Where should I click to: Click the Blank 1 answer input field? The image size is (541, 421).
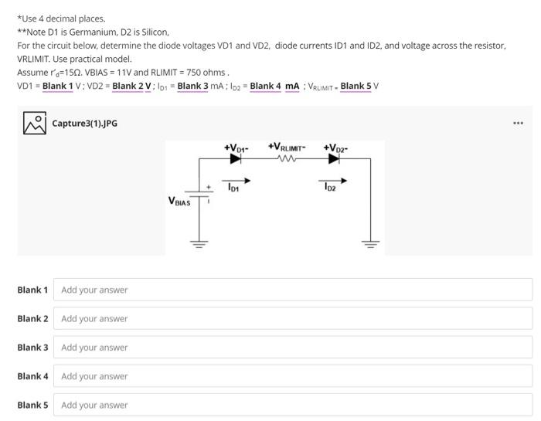pyautogui.click(x=294, y=290)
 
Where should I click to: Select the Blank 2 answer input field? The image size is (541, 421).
pyautogui.click(x=294, y=318)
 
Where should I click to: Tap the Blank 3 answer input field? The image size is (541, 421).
pyautogui.click(x=294, y=348)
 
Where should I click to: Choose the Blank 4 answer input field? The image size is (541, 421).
pyautogui.click(x=294, y=376)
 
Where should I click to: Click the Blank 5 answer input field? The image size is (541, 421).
pyautogui.click(x=294, y=405)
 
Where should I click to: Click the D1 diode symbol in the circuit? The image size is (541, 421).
pyautogui.click(x=236, y=159)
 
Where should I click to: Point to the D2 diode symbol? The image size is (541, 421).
pyautogui.click(x=334, y=159)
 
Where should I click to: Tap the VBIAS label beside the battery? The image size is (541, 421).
pyautogui.click(x=179, y=201)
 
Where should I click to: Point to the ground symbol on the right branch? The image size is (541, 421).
pyautogui.click(x=372, y=243)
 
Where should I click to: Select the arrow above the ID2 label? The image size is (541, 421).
pyautogui.click(x=335, y=179)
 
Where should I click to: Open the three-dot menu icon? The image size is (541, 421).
pyautogui.click(x=518, y=123)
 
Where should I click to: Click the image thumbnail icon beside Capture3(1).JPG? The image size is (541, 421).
pyautogui.click(x=34, y=124)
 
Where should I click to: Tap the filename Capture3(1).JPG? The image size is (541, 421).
pyautogui.click(x=85, y=124)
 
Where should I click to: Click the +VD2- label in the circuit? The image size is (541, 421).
pyautogui.click(x=335, y=147)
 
